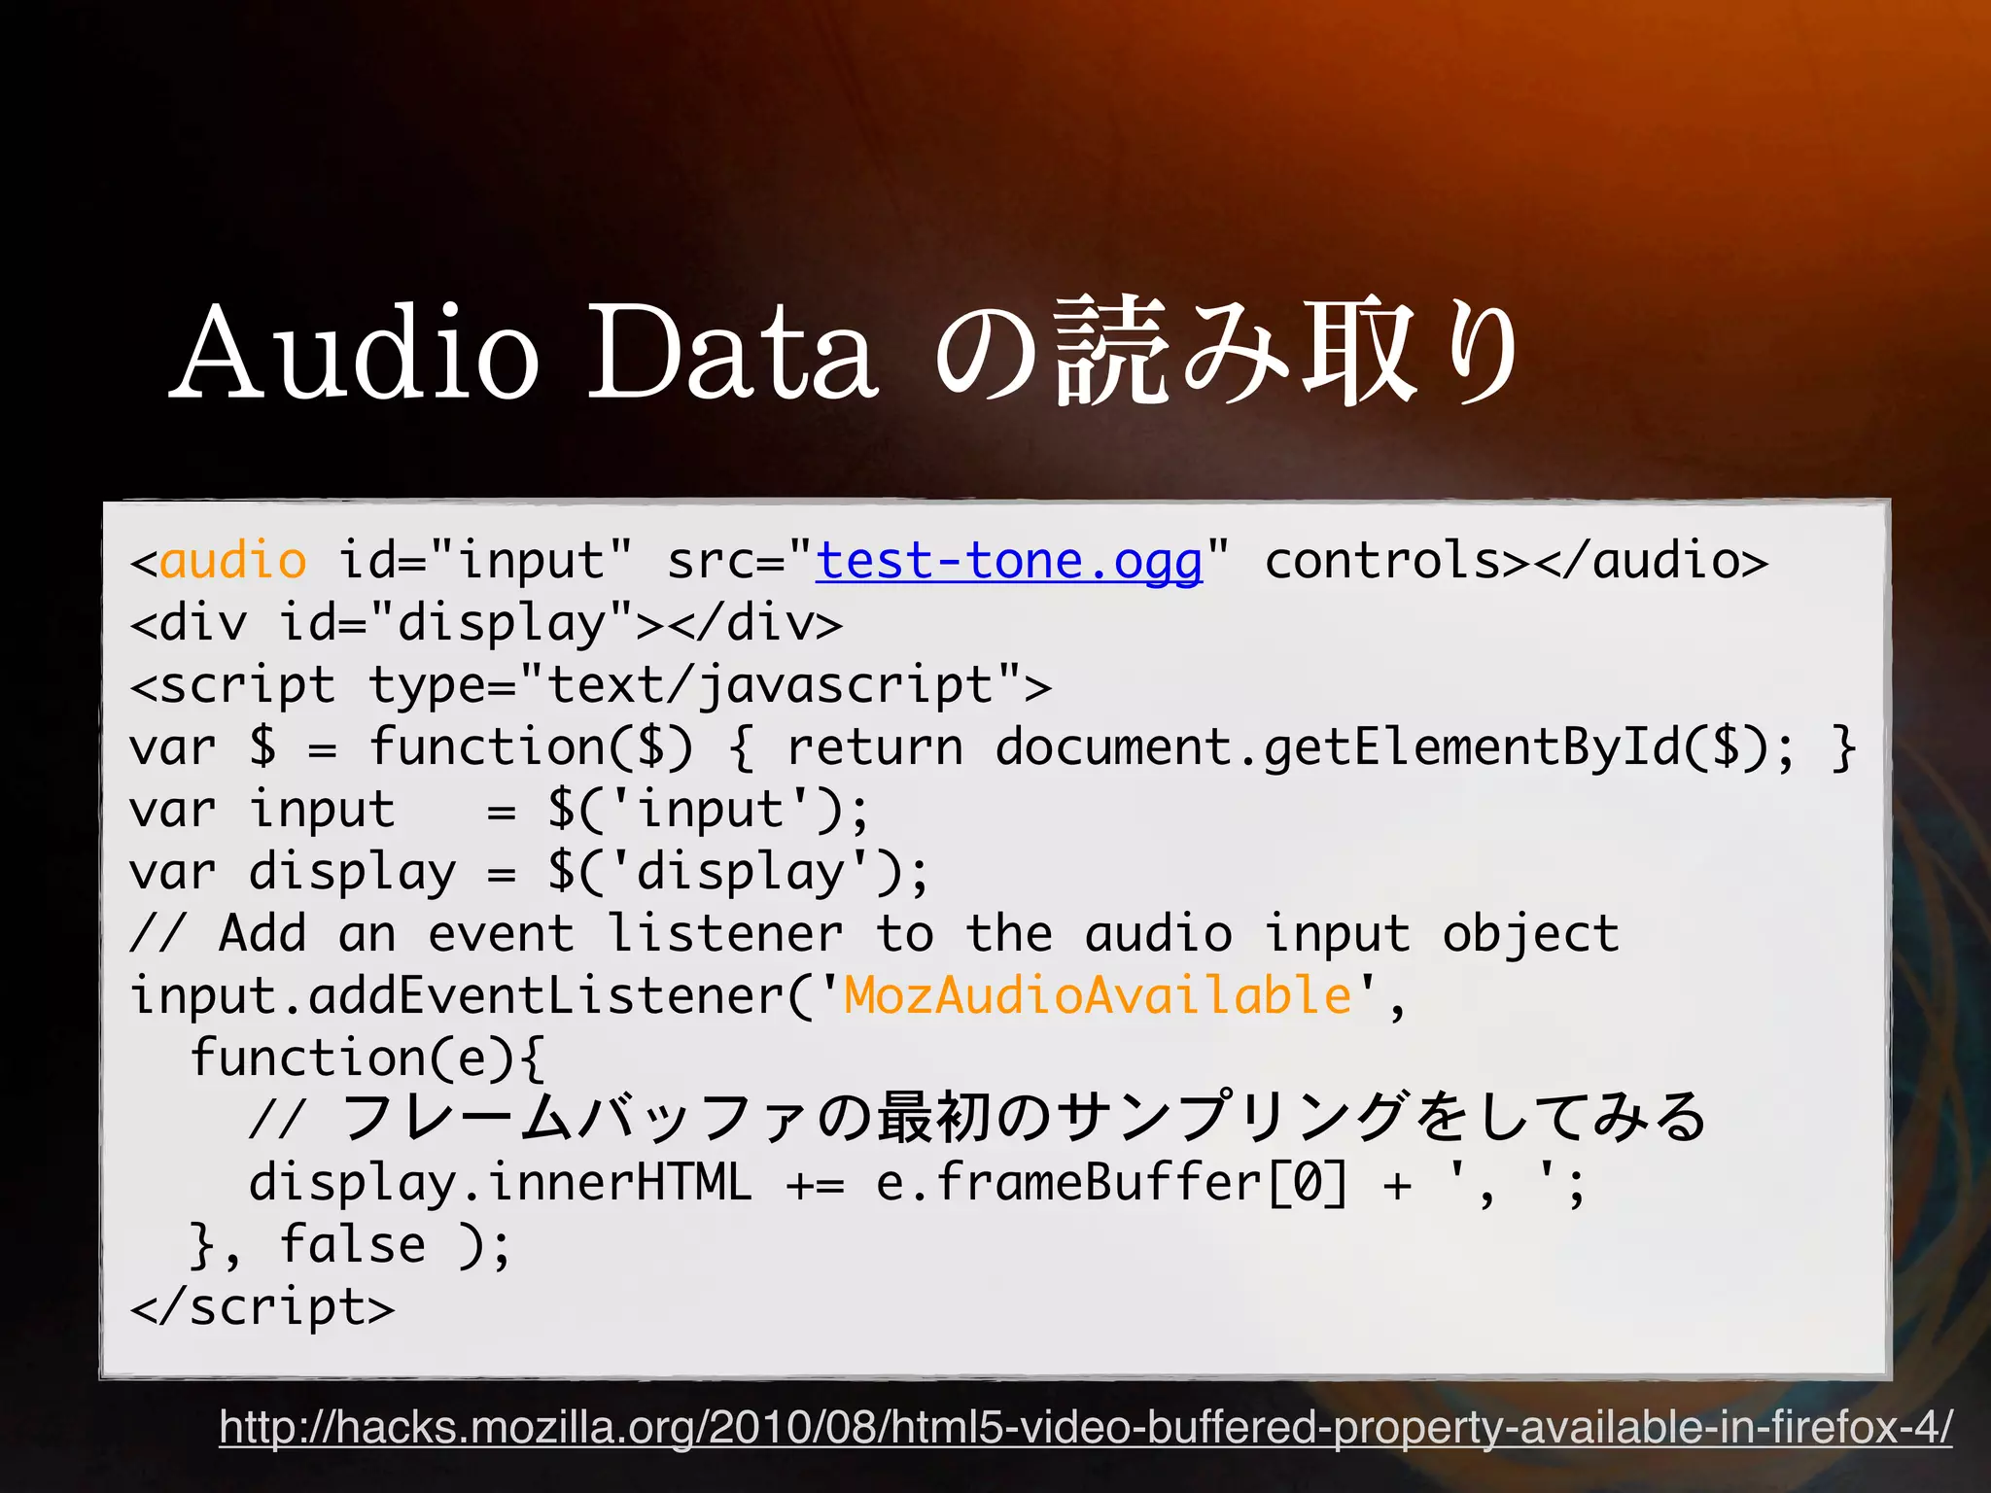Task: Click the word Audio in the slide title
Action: point(356,352)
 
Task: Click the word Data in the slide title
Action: point(732,352)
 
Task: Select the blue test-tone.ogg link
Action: point(1008,562)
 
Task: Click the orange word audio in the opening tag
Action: point(232,562)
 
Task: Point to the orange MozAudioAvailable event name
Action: point(1098,995)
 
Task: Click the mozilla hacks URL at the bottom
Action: point(1085,1427)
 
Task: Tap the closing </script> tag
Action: point(262,1306)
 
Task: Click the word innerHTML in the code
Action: point(619,1183)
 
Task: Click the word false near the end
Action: point(352,1245)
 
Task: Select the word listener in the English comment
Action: point(725,934)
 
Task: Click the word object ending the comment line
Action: point(1530,934)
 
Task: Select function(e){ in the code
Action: point(367,1058)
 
